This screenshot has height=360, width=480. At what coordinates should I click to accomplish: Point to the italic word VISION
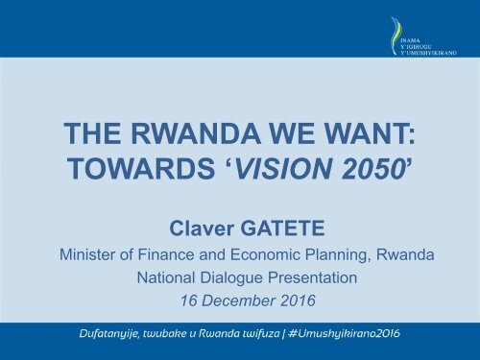(x=276, y=170)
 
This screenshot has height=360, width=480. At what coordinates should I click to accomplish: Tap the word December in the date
(x=235, y=303)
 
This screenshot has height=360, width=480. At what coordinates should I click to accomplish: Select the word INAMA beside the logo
(x=411, y=39)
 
